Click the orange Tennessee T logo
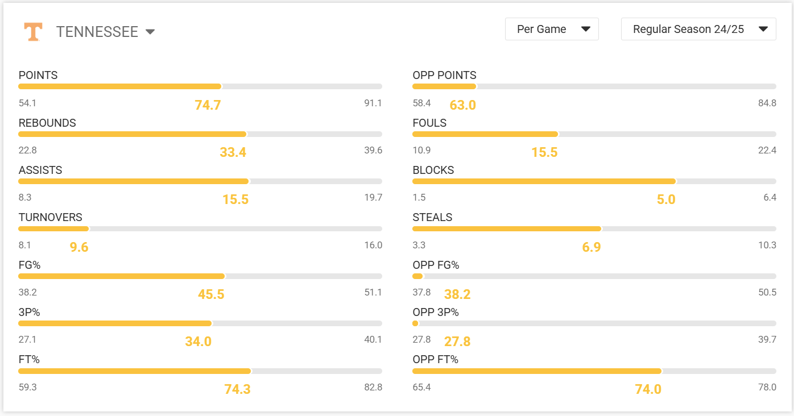coord(33,31)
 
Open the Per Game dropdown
coord(551,30)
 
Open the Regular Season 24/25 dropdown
coord(698,30)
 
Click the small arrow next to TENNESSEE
coord(150,32)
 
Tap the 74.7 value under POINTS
coord(208,105)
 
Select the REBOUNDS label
coord(47,123)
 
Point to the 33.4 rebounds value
coord(233,152)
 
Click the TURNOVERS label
coord(50,217)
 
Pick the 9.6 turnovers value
coord(79,247)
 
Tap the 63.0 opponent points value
coord(462,105)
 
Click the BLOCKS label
coord(433,170)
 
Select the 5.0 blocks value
coord(666,199)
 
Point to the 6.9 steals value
coord(592,247)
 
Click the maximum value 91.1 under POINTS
coord(373,103)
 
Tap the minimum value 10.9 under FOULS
coord(421,151)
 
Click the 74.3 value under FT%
coord(237,389)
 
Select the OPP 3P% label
coord(436,312)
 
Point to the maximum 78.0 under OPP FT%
coord(767,387)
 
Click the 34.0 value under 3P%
coord(198,342)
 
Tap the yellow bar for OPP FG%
coord(417,276)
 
